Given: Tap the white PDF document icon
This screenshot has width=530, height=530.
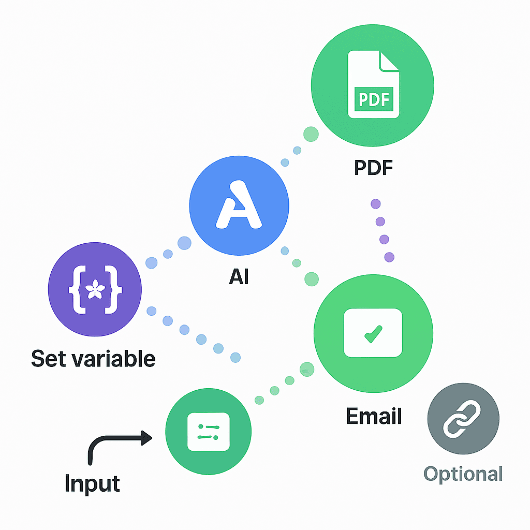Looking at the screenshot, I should click(373, 84).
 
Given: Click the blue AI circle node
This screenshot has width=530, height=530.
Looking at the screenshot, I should click(239, 205).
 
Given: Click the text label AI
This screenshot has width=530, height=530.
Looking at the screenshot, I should click(239, 277).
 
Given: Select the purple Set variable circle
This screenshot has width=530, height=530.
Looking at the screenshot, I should click(95, 289).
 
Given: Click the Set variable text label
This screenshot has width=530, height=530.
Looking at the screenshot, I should click(93, 358).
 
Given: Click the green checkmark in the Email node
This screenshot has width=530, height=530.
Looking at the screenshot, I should click(373, 334).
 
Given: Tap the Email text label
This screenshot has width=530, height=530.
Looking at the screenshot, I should click(373, 416).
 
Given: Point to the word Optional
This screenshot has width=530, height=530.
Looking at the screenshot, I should click(463, 474).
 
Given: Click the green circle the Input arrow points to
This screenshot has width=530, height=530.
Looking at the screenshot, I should click(208, 431).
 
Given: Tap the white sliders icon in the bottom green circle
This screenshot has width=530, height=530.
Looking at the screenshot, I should click(208, 432).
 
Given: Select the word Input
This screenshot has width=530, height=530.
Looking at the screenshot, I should click(92, 483).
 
